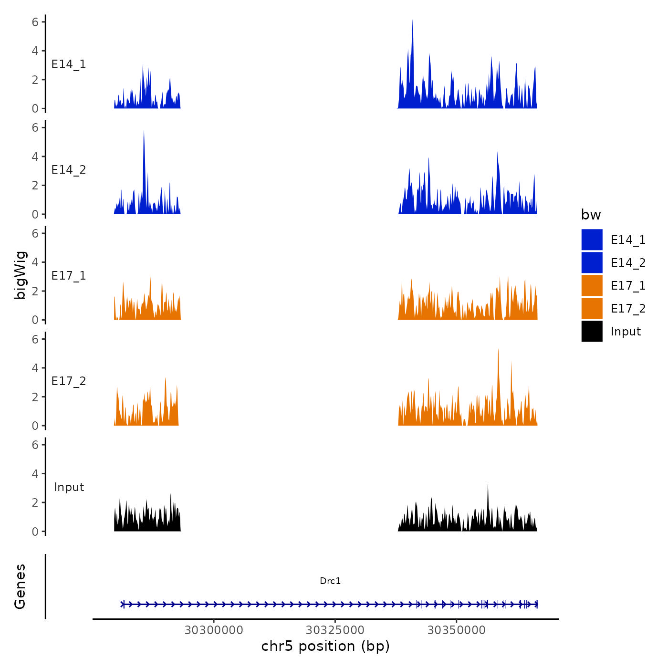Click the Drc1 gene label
point(330,581)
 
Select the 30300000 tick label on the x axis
point(214,630)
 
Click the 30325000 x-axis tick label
point(335,630)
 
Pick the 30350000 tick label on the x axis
point(456,630)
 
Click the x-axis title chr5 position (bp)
point(325,646)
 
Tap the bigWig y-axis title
point(20,275)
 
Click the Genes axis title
point(20,586)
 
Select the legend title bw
point(591,215)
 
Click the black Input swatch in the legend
point(592,331)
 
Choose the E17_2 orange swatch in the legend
point(592,308)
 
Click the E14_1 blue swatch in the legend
point(592,240)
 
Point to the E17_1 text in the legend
point(628,286)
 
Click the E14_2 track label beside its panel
point(69,170)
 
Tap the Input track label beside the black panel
point(69,487)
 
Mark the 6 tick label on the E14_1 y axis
point(35,22)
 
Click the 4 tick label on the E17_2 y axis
point(35,368)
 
